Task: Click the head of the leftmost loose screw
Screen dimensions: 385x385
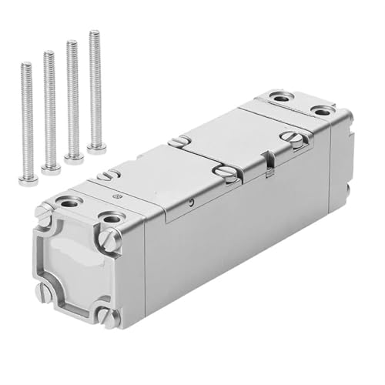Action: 28,179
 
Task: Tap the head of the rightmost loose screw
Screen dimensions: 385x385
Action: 96,147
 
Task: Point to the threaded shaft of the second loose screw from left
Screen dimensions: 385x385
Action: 50,108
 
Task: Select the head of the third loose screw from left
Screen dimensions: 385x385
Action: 74,158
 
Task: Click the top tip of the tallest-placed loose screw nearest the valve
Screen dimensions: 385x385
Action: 94,33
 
